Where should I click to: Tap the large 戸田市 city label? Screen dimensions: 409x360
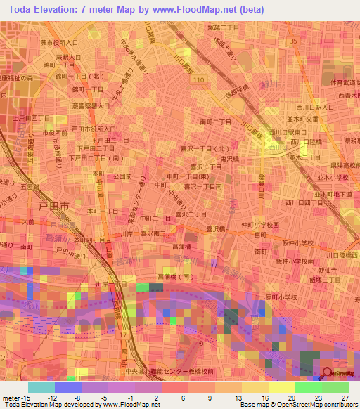coord(54,208)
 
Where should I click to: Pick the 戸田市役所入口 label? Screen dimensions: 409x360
coord(94,129)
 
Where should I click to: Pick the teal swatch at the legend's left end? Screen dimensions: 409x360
coord(41,387)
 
